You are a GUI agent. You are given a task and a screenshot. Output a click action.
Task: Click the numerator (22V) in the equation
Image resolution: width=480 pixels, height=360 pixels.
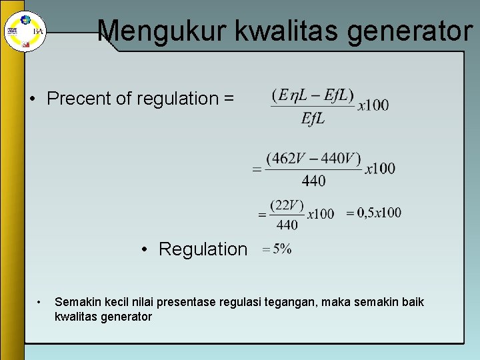pos(287,205)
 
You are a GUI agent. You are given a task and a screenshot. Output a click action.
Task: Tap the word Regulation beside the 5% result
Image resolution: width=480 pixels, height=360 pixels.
pos(203,249)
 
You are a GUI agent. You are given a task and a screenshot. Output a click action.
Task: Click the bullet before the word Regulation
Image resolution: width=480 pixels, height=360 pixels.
pos(145,249)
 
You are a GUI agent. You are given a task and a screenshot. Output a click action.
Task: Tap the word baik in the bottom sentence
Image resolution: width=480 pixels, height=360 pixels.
pos(411,303)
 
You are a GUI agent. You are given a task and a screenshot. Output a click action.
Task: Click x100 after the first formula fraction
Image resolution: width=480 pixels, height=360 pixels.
pos(373,105)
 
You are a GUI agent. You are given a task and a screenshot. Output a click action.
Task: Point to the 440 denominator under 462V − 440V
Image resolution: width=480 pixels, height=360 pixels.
pos(313,181)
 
